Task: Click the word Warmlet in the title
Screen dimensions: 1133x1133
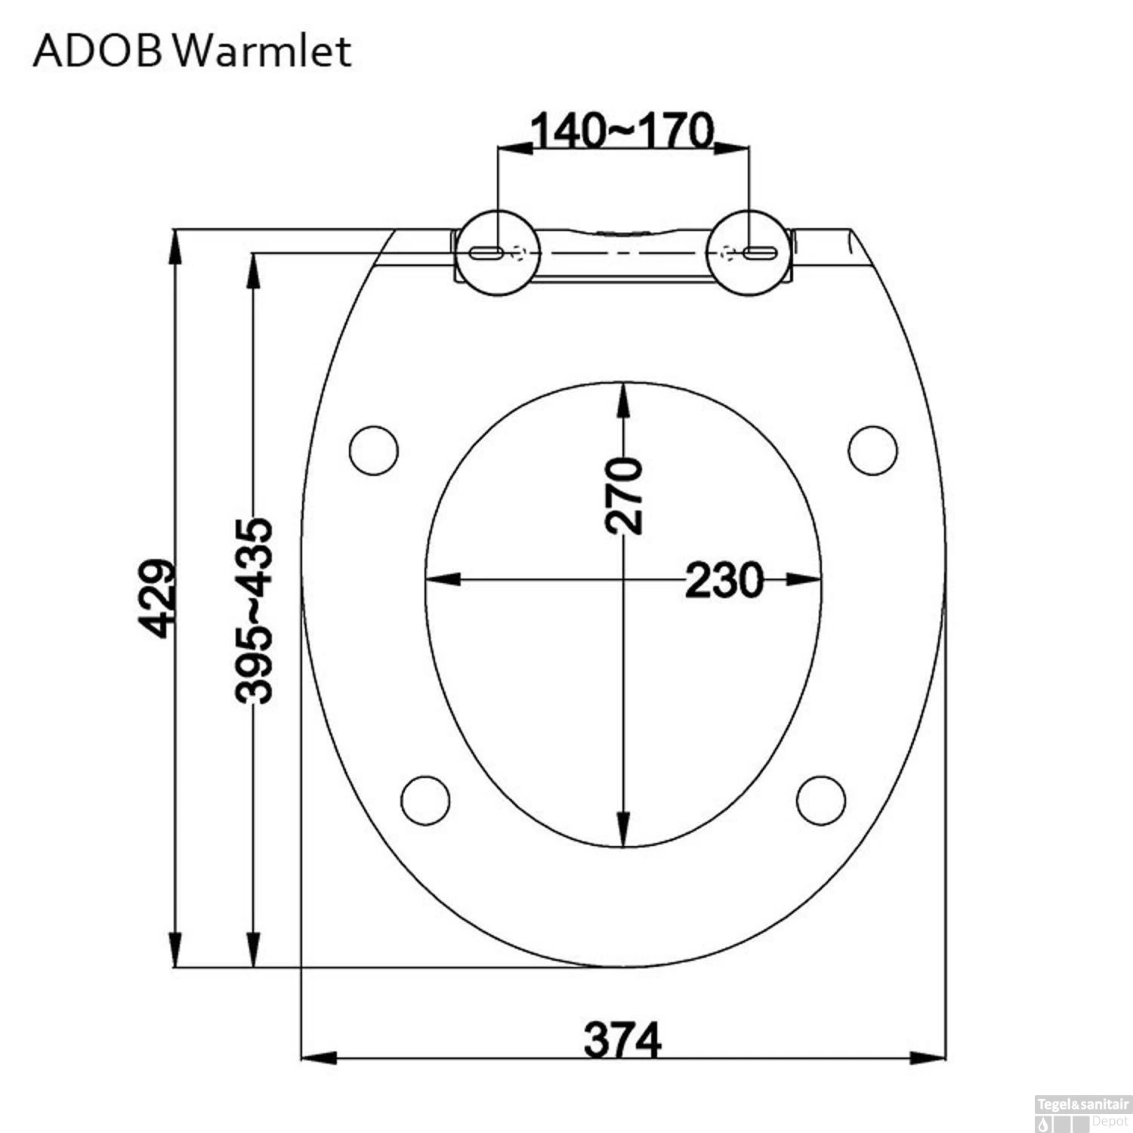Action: [x=267, y=51]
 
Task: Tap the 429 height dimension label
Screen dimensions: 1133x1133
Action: [x=157, y=598]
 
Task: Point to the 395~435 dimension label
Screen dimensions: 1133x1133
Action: [x=254, y=610]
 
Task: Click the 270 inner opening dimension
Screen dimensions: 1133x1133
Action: [x=624, y=495]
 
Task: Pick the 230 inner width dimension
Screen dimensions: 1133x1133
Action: [x=723, y=580]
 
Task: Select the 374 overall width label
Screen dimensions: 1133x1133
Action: [x=622, y=1041]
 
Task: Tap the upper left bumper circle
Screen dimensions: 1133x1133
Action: [x=374, y=450]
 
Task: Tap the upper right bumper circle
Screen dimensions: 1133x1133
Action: [x=873, y=450]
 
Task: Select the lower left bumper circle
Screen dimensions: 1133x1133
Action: [x=425, y=799]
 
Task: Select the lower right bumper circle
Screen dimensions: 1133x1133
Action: [x=821, y=799]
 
